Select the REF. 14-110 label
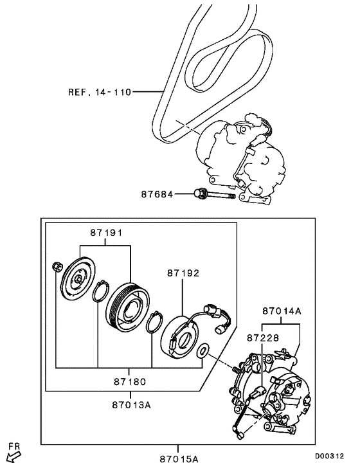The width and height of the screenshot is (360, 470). coord(99,92)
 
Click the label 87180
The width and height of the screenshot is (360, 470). coord(129,381)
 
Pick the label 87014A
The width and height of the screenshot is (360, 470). coord(281,311)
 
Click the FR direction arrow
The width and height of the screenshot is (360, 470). coord(13,456)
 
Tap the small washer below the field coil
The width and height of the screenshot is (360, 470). coord(203,351)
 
